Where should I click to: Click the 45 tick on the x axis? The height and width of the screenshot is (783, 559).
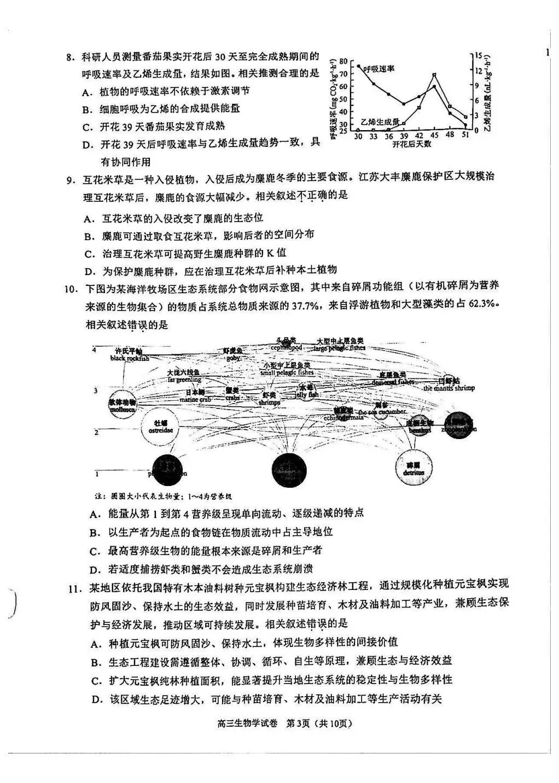click(434, 136)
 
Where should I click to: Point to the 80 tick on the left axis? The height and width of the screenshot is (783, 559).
click(343, 60)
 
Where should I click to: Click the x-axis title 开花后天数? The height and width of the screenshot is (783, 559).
click(411, 144)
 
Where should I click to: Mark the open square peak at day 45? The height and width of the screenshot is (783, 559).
click(434, 75)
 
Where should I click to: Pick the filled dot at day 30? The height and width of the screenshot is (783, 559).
click(358, 66)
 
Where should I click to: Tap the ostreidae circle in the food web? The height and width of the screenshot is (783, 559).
click(160, 426)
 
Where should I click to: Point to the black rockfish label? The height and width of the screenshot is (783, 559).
click(129, 358)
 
